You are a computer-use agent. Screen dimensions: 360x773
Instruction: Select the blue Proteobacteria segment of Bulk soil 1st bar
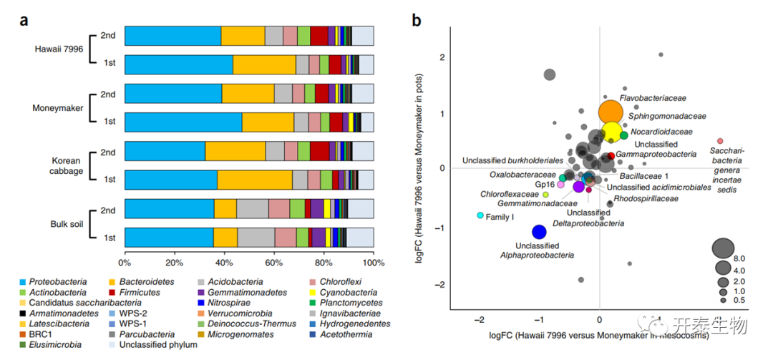click(x=169, y=238)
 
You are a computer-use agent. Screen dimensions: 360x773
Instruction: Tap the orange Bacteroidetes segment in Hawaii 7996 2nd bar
click(x=243, y=36)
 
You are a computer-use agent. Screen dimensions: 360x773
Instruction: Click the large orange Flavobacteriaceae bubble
click(x=610, y=112)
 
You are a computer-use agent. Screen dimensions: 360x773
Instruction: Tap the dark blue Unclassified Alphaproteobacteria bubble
click(x=539, y=231)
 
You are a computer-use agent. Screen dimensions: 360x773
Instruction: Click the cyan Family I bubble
click(x=480, y=215)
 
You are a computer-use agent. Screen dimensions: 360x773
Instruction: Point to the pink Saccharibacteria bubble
click(x=720, y=141)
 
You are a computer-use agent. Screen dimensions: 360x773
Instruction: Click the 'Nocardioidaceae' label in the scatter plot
click(x=662, y=132)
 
